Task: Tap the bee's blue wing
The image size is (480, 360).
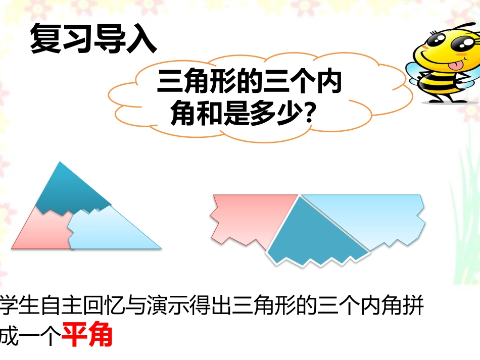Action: [402, 68]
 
